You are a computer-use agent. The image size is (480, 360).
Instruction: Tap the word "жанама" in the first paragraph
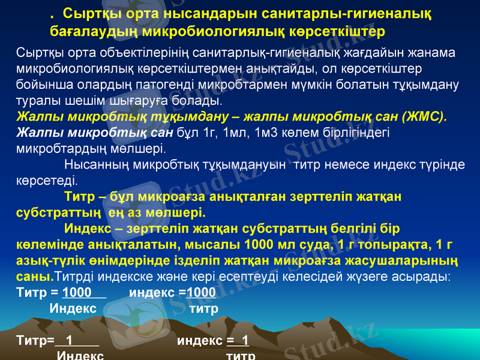[435, 53]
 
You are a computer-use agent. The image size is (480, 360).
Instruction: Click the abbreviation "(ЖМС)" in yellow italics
[422, 116]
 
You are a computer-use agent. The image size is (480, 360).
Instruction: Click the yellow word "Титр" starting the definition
[79, 196]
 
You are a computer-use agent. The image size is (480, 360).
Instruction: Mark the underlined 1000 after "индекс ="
[201, 292]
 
